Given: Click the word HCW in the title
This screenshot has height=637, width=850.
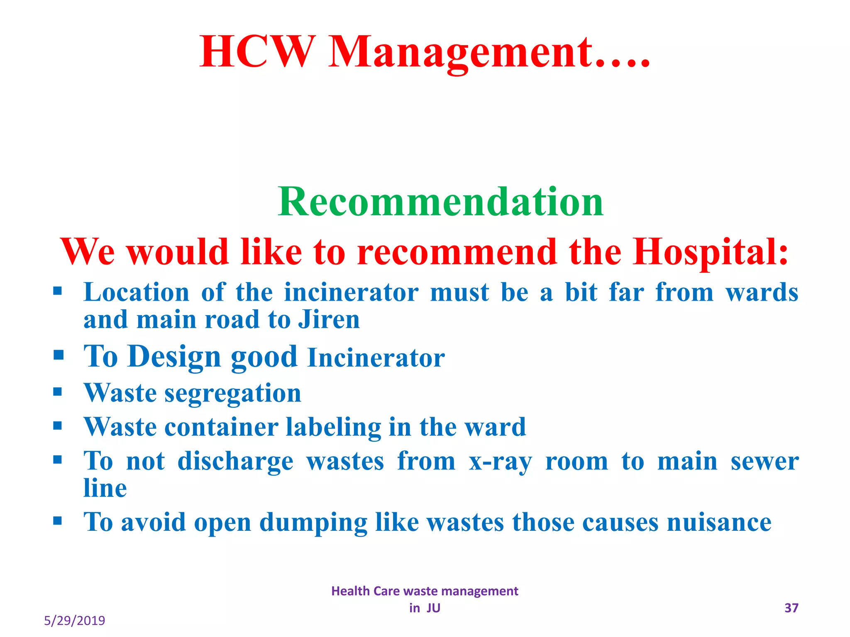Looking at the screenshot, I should pos(256,52).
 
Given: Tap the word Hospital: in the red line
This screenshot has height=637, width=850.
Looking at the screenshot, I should pos(710,252).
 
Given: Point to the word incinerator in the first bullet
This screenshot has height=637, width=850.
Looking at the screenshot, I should pos(351,292).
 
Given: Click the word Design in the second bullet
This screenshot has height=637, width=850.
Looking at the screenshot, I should pos(174,357).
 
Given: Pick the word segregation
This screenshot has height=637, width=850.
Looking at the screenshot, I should pos(233,393).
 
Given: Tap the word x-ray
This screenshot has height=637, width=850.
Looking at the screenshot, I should pos(500,462).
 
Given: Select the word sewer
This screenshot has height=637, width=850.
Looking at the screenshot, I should pos(765,461).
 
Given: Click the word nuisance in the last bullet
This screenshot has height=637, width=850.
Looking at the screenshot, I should pos(719,522).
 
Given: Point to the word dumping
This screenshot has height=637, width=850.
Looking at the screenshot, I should pos(313,523).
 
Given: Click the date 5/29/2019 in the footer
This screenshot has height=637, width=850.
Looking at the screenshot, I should pos(74,621).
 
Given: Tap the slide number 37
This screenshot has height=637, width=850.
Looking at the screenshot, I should pos(791,608).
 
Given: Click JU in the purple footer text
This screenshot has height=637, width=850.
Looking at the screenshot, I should pos(433,608).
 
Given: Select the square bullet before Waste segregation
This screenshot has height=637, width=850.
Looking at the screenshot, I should pos(58,391).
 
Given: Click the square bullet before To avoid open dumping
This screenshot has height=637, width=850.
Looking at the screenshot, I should pos(58,520).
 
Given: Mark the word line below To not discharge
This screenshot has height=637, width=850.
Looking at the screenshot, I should pos(105,488).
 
